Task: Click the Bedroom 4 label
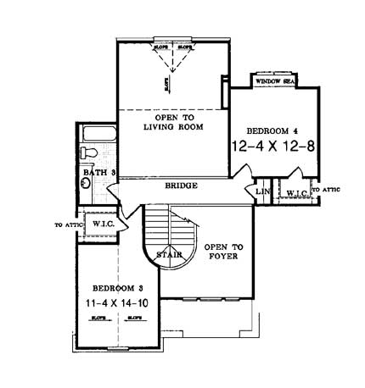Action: click(x=271, y=131)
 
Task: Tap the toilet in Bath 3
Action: click(x=87, y=153)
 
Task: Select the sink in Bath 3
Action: click(x=86, y=180)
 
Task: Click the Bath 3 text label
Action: click(x=99, y=173)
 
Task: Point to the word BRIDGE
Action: click(x=182, y=186)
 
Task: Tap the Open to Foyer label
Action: click(x=225, y=252)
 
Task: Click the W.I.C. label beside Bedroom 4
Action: click(x=296, y=193)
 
